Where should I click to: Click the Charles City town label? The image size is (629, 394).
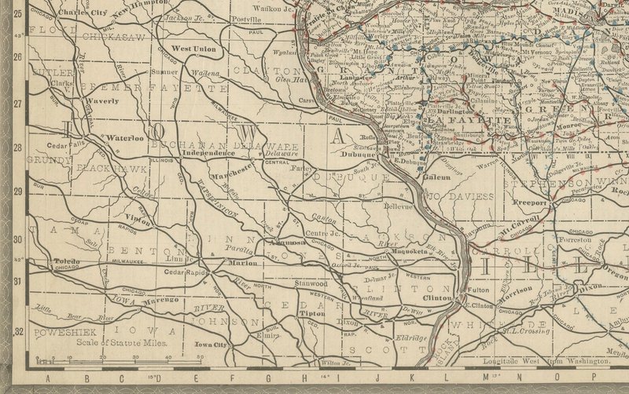pos(82,13)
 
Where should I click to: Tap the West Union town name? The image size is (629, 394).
pos(193,49)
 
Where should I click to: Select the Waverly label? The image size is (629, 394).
pos(102,101)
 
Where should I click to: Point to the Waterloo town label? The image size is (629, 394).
pos(124,137)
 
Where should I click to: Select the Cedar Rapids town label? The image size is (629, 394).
pos(184,272)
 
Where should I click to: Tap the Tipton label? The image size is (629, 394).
pos(290,313)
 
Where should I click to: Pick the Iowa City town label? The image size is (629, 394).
pos(211,345)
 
